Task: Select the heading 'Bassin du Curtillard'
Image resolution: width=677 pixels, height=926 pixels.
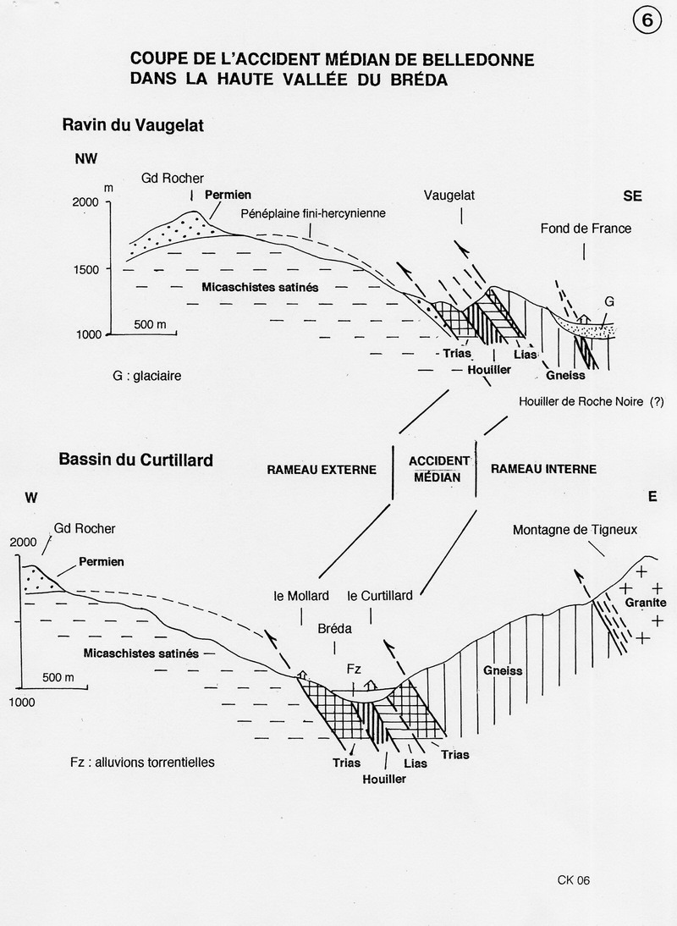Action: coord(135,461)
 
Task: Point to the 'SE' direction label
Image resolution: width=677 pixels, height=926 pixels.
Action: coord(632,196)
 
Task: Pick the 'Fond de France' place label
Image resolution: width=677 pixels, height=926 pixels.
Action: coord(586,229)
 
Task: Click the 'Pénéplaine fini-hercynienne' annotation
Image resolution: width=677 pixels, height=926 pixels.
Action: coord(313,213)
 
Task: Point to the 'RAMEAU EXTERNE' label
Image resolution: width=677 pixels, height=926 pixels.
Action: coord(322,470)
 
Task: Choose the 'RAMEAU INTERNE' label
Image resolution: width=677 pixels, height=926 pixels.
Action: coord(543,469)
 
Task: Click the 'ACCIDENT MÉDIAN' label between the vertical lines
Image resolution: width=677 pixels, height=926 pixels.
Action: coord(439,469)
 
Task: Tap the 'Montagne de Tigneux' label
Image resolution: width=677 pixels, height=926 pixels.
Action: coord(575,530)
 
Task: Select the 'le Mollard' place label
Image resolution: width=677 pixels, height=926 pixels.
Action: coord(302,596)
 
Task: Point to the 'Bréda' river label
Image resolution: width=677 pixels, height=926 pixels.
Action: coord(334,630)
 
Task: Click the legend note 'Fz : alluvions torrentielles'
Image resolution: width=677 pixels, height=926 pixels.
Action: coord(143,762)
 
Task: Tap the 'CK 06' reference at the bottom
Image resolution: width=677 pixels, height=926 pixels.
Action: coord(573,880)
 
